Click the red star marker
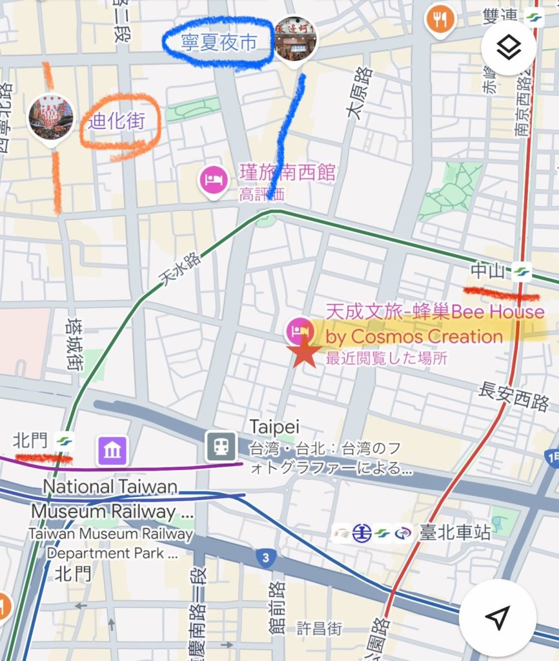point(304,353)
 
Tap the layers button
point(509,47)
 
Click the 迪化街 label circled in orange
point(117,121)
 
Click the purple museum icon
point(112,450)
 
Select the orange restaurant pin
point(440,19)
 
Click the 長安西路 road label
point(514,395)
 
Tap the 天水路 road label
point(179,269)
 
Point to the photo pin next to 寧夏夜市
point(295,39)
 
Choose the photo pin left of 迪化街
point(50,117)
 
